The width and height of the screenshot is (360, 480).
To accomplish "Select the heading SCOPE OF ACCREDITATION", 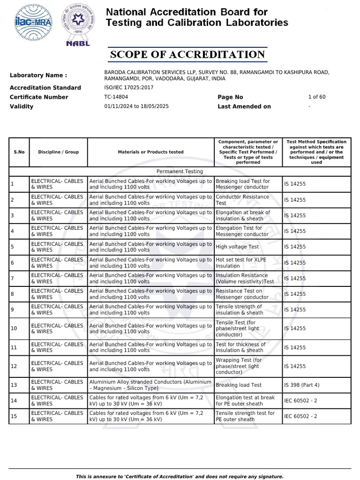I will pos(187,54).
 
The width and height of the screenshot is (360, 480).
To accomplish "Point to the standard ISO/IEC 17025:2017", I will pos(128,88).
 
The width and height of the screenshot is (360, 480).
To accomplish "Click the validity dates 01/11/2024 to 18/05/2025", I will pos(136,106).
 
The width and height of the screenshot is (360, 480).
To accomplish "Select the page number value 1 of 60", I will pos(316,97).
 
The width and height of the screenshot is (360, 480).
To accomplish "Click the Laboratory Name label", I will pos(38,75).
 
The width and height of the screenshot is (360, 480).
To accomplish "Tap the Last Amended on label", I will pos(244,106).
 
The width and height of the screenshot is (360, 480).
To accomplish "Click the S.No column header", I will pos(19,152).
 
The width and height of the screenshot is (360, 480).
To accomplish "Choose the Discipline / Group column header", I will pos(58,152).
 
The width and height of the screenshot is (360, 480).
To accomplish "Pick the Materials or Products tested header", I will pos(150,152).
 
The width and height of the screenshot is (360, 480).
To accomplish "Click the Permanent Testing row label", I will pos(180,172).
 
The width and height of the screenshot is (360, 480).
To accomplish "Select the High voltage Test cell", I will pos(237,247).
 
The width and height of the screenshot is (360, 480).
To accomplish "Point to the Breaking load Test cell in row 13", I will pos(239,385).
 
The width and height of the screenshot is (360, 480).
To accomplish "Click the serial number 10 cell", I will pos(14,329).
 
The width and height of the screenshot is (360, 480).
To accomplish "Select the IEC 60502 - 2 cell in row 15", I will pos(300,416).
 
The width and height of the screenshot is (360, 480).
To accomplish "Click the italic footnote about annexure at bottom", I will pos(180,476).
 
